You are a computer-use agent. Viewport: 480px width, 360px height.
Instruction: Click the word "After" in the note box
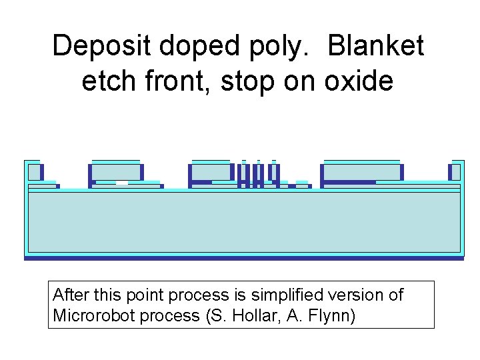[69, 295]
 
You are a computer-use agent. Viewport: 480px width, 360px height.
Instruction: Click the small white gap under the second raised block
[121, 183]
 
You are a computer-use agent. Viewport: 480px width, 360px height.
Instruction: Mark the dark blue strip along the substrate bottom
[243, 258]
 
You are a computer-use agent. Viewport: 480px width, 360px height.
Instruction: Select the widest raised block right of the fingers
[361, 172]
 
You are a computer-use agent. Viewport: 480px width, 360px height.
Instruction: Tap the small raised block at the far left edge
[33, 171]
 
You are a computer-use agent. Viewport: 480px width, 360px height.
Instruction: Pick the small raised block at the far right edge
[457, 171]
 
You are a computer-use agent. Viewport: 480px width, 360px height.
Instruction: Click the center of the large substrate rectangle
[244, 223]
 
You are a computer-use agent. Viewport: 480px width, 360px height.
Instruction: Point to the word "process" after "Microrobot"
[174, 315]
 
